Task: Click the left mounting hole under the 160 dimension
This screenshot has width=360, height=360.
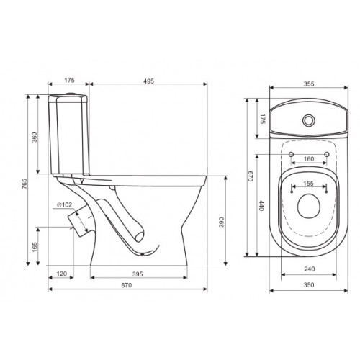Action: tap(289, 154)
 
